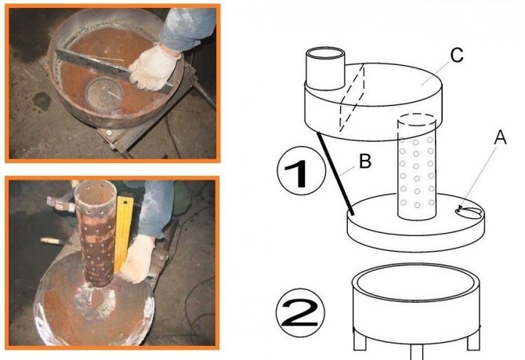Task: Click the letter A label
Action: [x=500, y=138]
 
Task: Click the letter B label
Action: [x=365, y=161]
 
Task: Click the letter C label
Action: [x=457, y=56]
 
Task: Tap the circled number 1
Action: [x=302, y=171]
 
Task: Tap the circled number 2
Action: [x=300, y=312]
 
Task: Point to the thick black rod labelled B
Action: [x=335, y=173]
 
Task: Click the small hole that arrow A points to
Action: [x=469, y=213]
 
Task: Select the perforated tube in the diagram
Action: [x=417, y=167]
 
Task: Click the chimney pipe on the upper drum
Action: [x=326, y=69]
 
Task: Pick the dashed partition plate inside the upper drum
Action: [x=353, y=97]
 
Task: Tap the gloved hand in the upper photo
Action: [x=154, y=67]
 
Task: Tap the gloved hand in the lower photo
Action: [x=137, y=259]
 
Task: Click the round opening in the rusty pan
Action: [x=103, y=94]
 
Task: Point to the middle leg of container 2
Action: [x=417, y=352]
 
